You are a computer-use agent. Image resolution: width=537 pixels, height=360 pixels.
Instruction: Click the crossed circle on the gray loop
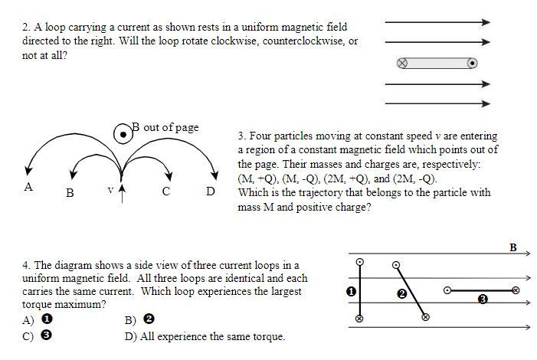(x=402, y=63)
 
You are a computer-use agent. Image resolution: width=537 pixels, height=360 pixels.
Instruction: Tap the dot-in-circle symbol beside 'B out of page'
(x=123, y=134)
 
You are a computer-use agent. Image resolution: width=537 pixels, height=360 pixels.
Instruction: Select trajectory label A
(x=28, y=186)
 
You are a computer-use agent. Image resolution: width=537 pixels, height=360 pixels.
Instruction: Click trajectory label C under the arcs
(x=165, y=191)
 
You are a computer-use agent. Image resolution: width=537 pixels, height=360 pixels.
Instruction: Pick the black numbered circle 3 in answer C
(x=47, y=335)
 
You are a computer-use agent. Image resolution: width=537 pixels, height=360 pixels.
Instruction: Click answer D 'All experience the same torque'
(x=204, y=336)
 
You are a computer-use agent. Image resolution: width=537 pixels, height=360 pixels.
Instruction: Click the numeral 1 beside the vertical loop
(x=350, y=292)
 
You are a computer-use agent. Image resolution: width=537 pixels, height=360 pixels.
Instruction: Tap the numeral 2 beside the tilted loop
(x=401, y=293)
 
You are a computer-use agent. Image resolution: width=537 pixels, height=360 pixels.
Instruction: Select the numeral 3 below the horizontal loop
(x=482, y=299)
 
